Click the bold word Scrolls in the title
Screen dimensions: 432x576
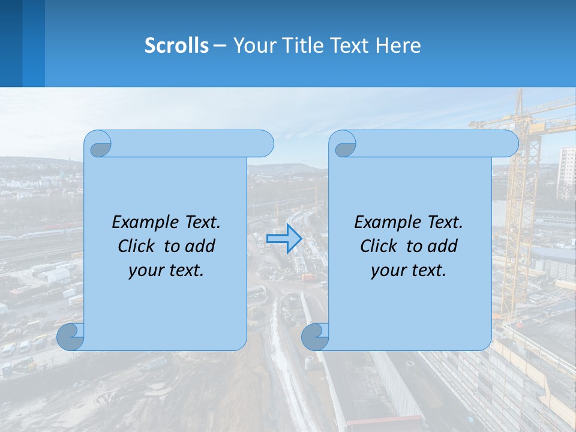click(177, 46)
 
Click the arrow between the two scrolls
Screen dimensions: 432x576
click(284, 239)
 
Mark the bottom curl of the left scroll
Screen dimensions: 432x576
click(70, 337)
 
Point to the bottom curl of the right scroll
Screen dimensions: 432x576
click(314, 337)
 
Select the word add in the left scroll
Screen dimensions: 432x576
click(200, 246)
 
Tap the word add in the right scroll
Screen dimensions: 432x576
click(443, 246)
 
